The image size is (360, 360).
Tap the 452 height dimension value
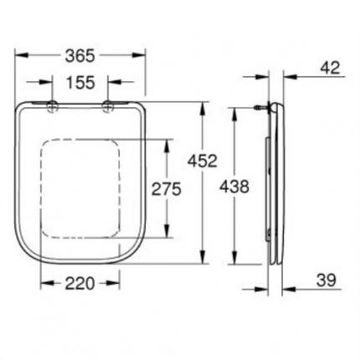(203, 159)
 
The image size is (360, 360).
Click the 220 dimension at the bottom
(82, 283)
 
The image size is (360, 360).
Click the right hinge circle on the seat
(108, 105)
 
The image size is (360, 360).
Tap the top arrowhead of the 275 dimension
(170, 139)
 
